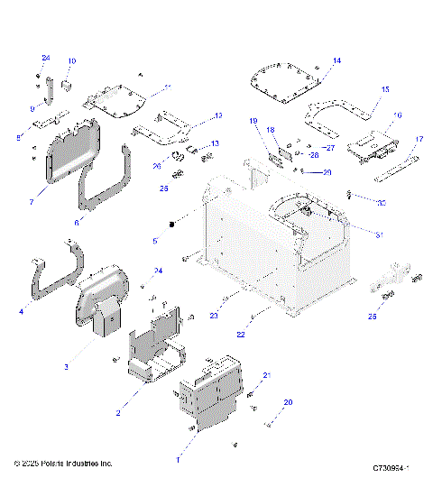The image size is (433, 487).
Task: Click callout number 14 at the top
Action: (337, 60)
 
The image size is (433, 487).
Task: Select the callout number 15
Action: (384, 90)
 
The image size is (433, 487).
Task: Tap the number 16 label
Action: (398, 115)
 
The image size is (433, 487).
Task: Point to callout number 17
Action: (419, 139)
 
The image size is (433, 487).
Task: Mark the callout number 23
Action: (215, 316)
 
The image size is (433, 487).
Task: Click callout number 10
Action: (72, 61)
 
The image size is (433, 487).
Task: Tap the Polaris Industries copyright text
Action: (63, 464)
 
